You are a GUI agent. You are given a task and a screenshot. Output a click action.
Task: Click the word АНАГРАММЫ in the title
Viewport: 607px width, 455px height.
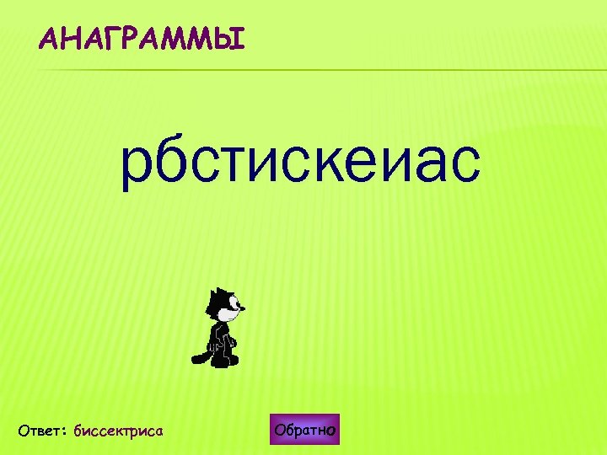click(x=142, y=39)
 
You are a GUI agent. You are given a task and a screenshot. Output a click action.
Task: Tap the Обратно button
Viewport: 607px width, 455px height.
click(x=305, y=431)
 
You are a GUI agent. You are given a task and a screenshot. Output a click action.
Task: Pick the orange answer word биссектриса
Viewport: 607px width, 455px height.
click(x=118, y=431)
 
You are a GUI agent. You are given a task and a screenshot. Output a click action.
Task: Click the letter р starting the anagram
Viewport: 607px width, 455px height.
click(x=138, y=163)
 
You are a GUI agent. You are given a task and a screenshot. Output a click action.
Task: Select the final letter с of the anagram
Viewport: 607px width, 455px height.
click(x=463, y=163)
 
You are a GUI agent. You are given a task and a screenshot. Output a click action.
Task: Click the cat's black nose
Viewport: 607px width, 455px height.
click(x=244, y=308)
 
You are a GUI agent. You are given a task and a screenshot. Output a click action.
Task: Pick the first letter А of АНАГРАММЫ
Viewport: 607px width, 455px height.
click(x=50, y=39)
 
